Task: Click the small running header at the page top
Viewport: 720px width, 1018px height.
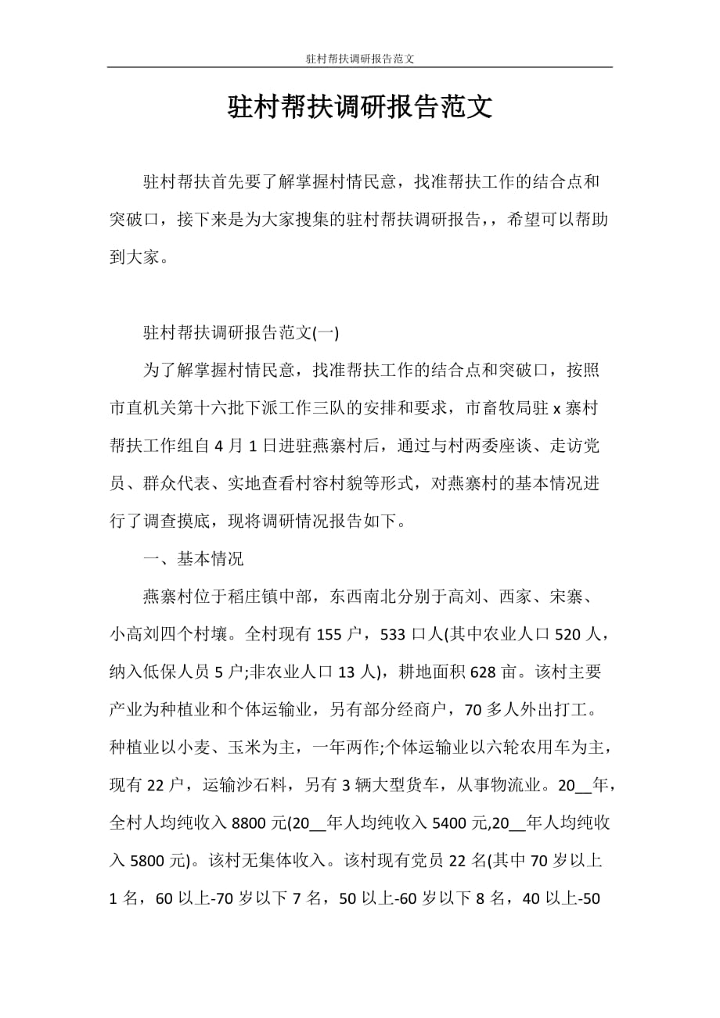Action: click(x=359, y=59)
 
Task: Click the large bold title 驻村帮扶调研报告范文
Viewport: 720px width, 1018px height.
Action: click(x=360, y=107)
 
